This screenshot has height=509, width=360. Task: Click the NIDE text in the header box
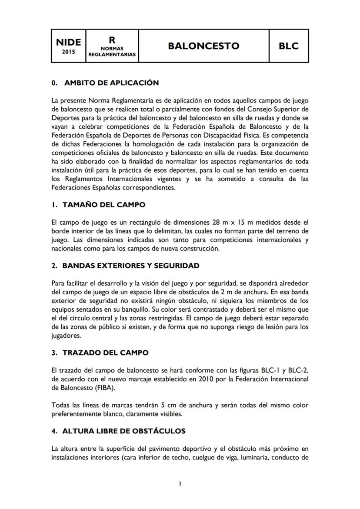(x=68, y=42)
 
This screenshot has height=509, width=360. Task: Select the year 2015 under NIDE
(x=68, y=52)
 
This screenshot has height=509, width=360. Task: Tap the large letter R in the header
(x=112, y=39)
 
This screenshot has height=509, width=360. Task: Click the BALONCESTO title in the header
(x=203, y=46)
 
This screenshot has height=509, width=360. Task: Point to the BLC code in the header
(x=289, y=46)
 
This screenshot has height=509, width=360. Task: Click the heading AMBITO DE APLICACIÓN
(x=111, y=83)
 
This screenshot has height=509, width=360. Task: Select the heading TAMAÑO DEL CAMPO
(x=104, y=204)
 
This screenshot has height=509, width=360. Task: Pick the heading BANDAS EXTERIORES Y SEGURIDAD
(x=131, y=265)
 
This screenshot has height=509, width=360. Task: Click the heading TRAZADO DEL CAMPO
(x=105, y=353)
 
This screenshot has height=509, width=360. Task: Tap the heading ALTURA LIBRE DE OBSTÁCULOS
(x=124, y=431)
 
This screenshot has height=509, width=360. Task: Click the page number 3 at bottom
(x=180, y=484)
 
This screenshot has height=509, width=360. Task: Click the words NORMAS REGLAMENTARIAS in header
(x=112, y=52)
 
